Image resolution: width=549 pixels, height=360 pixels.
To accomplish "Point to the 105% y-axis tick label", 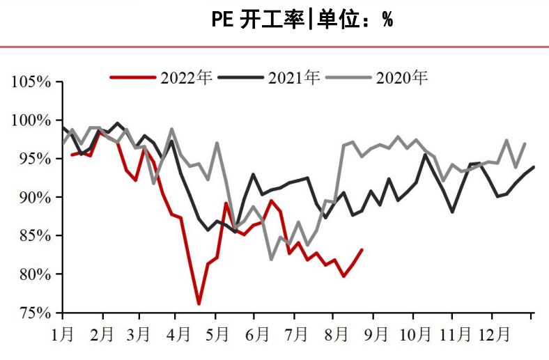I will pos(31,82).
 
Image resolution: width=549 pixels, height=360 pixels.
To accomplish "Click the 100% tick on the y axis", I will pos(31,120).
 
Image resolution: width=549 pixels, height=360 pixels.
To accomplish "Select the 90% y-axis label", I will pos(34,197).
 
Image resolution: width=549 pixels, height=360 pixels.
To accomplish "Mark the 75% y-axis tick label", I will pos(34,313).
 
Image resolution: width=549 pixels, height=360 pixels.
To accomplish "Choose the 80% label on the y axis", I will pos(34,274).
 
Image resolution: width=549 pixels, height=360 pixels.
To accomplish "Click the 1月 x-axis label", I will pos(63,334).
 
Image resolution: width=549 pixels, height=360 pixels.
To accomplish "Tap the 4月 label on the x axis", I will pos(179,334).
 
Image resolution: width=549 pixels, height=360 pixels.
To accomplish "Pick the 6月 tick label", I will pos(258,334).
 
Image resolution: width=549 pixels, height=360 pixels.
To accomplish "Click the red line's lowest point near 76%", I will pos(199,304).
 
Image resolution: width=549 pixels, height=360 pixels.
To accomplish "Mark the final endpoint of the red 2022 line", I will pos(362,249).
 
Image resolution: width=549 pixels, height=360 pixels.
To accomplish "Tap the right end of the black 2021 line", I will pos(534,166).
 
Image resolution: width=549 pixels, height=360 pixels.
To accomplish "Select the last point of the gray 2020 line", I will pos(525,143).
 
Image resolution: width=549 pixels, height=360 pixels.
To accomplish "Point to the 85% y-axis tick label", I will pos(34,236).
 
